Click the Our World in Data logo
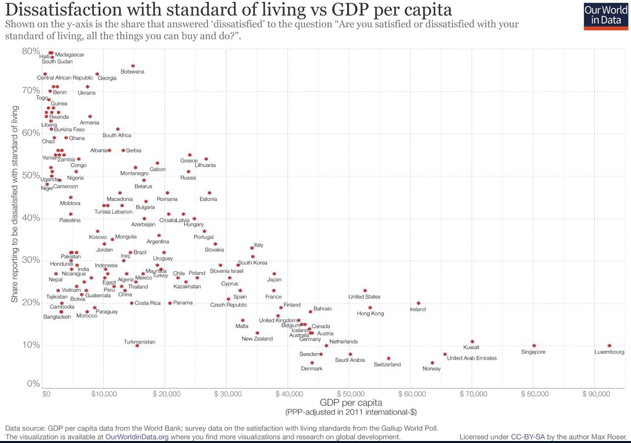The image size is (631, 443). [x=605, y=16]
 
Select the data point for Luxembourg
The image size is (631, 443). [x=609, y=346]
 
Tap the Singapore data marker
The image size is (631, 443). [x=534, y=346]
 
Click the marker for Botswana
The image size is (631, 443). [x=133, y=66]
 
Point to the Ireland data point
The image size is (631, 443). [x=418, y=304]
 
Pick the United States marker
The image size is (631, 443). [x=365, y=291]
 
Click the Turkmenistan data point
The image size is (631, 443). [x=137, y=346]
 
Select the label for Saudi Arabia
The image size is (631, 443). [x=350, y=360]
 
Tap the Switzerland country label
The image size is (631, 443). [x=387, y=364]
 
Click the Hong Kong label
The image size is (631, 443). [x=370, y=313]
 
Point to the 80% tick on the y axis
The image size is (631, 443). [x=31, y=51]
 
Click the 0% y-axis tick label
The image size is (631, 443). [x=33, y=384]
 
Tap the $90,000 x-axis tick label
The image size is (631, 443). [x=595, y=394]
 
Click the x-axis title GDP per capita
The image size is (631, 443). [x=350, y=403]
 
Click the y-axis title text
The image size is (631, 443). [x=15, y=204]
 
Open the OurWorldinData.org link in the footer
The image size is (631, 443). [x=137, y=437]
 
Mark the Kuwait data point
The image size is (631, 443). [x=472, y=341]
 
